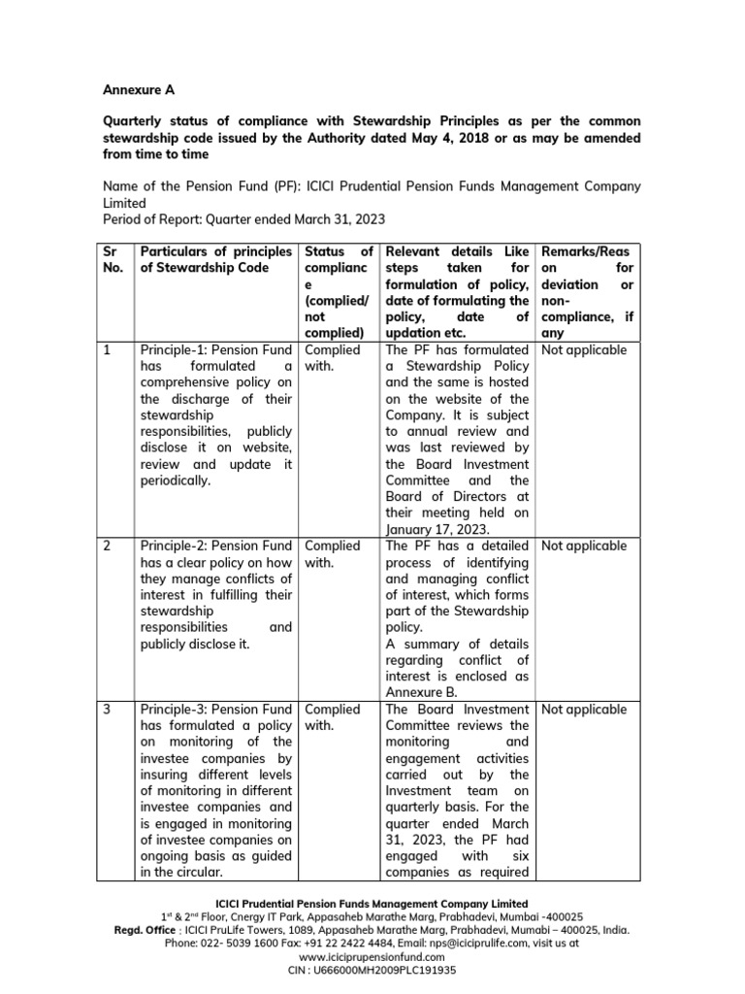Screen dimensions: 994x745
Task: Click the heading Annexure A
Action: (x=139, y=89)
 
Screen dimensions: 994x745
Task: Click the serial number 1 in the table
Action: (x=108, y=349)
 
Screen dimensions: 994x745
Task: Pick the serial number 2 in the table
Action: (x=108, y=546)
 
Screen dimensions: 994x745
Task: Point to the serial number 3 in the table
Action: (x=108, y=710)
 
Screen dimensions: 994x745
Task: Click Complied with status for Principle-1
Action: (x=332, y=357)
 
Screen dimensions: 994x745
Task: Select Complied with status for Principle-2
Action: (x=332, y=553)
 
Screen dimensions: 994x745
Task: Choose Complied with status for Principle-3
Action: (x=332, y=717)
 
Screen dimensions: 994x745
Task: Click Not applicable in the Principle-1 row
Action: (x=584, y=349)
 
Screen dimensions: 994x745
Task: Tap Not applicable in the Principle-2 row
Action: (x=584, y=546)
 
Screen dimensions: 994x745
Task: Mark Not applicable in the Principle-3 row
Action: (x=584, y=710)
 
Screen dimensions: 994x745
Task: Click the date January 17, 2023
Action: (x=437, y=529)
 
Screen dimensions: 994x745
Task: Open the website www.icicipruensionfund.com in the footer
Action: (x=372, y=955)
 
